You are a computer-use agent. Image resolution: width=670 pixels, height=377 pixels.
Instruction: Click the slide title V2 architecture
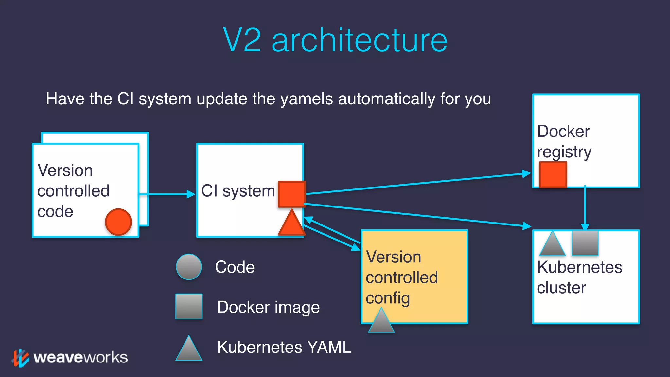[335, 40]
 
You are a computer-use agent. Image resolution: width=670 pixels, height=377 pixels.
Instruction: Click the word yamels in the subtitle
[308, 99]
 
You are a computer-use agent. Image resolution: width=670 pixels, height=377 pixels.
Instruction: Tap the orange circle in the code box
[118, 222]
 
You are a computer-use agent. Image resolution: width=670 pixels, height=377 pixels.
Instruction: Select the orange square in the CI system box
[291, 194]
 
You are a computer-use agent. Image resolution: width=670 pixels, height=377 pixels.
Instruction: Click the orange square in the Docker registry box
[553, 175]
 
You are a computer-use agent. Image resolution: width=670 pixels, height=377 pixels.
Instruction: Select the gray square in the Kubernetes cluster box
[585, 243]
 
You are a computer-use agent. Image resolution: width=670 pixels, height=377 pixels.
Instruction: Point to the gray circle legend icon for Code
[189, 267]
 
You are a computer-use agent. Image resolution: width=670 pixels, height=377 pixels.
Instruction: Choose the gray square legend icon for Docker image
[189, 306]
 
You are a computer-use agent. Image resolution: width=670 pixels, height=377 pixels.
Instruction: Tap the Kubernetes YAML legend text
[284, 347]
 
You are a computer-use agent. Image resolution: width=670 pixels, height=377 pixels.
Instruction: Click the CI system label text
[238, 191]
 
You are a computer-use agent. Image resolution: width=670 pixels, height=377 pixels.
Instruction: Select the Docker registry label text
[564, 141]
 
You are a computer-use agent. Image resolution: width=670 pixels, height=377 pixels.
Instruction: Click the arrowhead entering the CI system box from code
[191, 194]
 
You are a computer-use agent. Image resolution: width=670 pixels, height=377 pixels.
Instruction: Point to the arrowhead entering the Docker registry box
[526, 173]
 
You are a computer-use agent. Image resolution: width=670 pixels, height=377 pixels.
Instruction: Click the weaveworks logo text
[80, 357]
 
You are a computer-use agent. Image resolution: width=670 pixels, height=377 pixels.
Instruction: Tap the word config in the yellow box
[388, 298]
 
